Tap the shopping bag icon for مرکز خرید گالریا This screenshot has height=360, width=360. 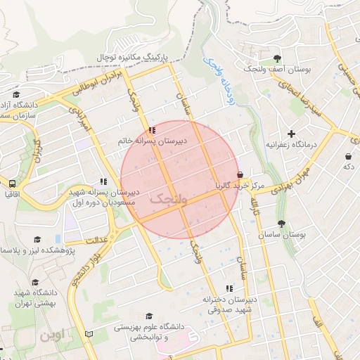pyautogui.click(x=240, y=174)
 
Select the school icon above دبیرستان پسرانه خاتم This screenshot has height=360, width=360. pyautogui.click(x=153, y=130)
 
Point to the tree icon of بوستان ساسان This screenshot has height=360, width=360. pyautogui.click(x=281, y=224)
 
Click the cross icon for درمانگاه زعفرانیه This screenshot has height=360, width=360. pyautogui.click(x=292, y=133)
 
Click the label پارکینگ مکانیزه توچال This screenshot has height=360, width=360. pyautogui.click(x=136, y=56)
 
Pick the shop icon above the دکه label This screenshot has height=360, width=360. pyautogui.click(x=348, y=156)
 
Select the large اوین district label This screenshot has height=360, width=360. pyautogui.click(x=54, y=334)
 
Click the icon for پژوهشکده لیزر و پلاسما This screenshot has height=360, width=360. pyautogui.click(x=37, y=240)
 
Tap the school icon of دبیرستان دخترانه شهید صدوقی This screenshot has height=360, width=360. pyautogui.click(x=229, y=288)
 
